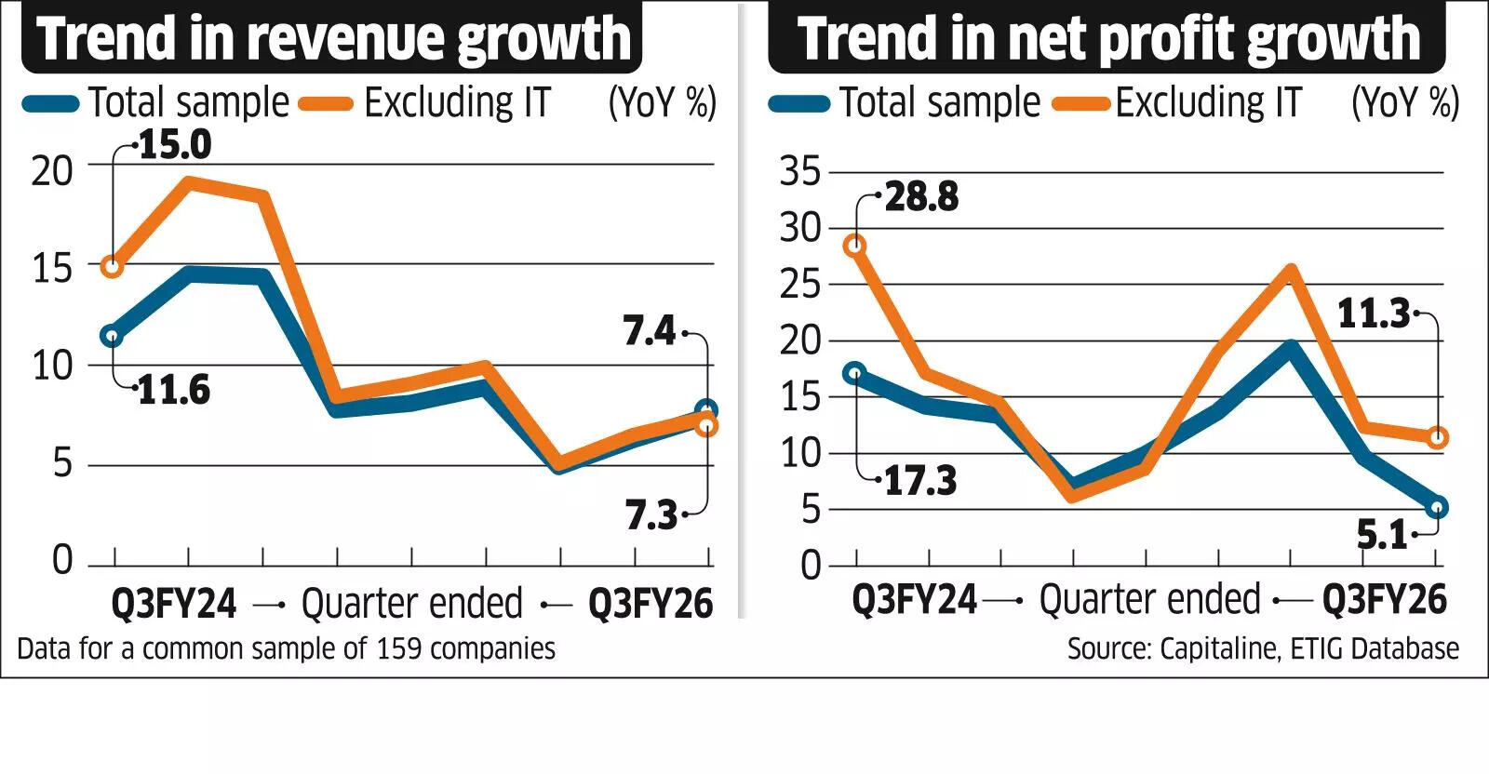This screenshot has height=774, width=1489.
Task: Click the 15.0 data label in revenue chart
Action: point(175,144)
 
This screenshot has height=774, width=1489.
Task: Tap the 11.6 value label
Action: point(174,389)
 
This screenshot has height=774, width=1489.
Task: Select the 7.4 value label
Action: point(649,331)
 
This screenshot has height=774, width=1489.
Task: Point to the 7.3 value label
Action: point(651,514)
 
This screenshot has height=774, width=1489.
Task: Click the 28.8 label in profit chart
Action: point(921,196)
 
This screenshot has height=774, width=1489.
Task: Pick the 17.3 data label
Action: point(919,480)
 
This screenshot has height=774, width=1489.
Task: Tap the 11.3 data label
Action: point(1374,314)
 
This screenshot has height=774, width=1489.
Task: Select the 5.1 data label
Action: point(1382,535)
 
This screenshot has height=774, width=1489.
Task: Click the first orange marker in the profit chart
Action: point(854,246)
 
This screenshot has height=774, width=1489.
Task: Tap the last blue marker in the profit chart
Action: point(1437,508)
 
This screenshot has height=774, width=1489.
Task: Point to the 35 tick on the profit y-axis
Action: point(801,171)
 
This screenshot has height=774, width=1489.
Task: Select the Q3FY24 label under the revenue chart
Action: point(174,604)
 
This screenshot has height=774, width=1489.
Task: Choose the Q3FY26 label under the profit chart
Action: point(1384,600)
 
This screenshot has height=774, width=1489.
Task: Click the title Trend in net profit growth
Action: point(1107,38)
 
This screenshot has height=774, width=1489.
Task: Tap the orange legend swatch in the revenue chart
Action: point(326,104)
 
